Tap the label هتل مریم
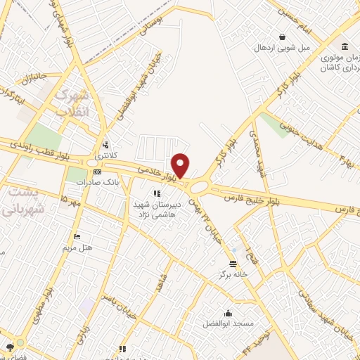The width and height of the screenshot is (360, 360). pyautogui.click(x=78, y=247)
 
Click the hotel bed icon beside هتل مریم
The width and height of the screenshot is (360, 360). pyautogui.click(x=77, y=236)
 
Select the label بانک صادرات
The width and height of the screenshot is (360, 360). pyautogui.click(x=100, y=182)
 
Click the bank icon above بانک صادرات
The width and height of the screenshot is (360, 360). pyautogui.click(x=97, y=172)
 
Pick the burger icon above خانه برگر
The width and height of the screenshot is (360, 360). pyautogui.click(x=233, y=264)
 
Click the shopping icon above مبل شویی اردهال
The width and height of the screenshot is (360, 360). pyautogui.click(x=282, y=37)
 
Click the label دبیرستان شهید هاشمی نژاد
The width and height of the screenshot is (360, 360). pyautogui.click(x=157, y=207)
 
